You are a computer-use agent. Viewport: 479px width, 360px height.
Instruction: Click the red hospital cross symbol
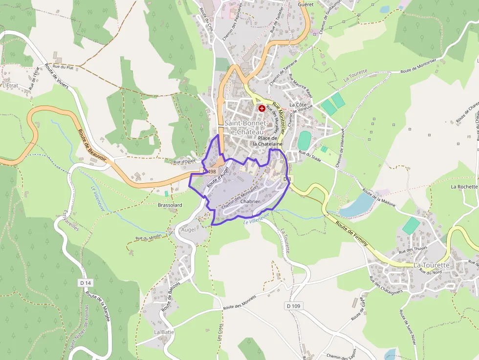262,108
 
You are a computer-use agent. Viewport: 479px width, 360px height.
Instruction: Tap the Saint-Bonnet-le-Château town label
244,128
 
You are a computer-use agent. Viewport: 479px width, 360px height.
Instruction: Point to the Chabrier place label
250,201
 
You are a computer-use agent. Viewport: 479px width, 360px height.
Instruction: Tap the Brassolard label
170,205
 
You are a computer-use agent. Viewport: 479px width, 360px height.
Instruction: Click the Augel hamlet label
188,229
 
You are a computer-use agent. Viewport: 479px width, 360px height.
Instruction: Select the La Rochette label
464,187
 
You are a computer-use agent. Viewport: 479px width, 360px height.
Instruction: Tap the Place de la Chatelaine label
267,141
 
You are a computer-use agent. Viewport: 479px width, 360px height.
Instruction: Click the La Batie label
164,332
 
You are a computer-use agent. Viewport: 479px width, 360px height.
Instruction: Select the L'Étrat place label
10,85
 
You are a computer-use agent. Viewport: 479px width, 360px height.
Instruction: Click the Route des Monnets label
239,302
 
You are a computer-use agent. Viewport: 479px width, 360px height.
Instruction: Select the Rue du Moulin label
148,238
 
